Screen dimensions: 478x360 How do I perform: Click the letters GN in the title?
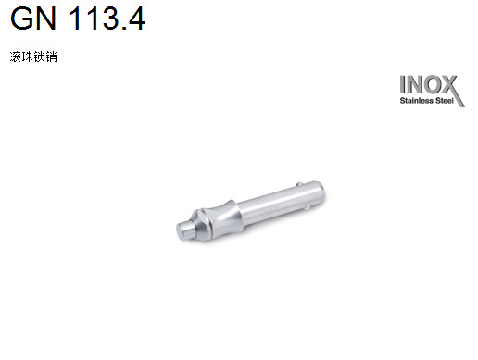tap(33, 19)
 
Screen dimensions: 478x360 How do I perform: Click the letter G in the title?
tap(21, 19)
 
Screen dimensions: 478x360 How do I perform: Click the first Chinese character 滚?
tap(16, 57)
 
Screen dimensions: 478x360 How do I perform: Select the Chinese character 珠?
tap(27, 57)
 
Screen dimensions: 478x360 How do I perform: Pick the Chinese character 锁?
tap(39, 57)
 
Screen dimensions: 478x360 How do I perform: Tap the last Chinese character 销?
tap(51, 57)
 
